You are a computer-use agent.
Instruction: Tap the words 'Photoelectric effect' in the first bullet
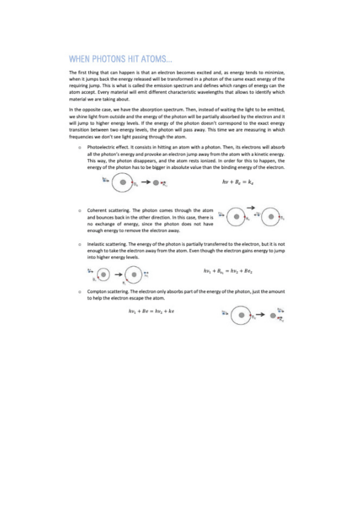pyautogui.click(x=106, y=147)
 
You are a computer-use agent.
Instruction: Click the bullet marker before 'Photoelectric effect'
pyautogui.click(x=80, y=147)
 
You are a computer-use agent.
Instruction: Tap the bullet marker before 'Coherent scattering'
pyautogui.click(x=80, y=210)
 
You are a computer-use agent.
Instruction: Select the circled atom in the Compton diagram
pyautogui.click(x=241, y=314)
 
